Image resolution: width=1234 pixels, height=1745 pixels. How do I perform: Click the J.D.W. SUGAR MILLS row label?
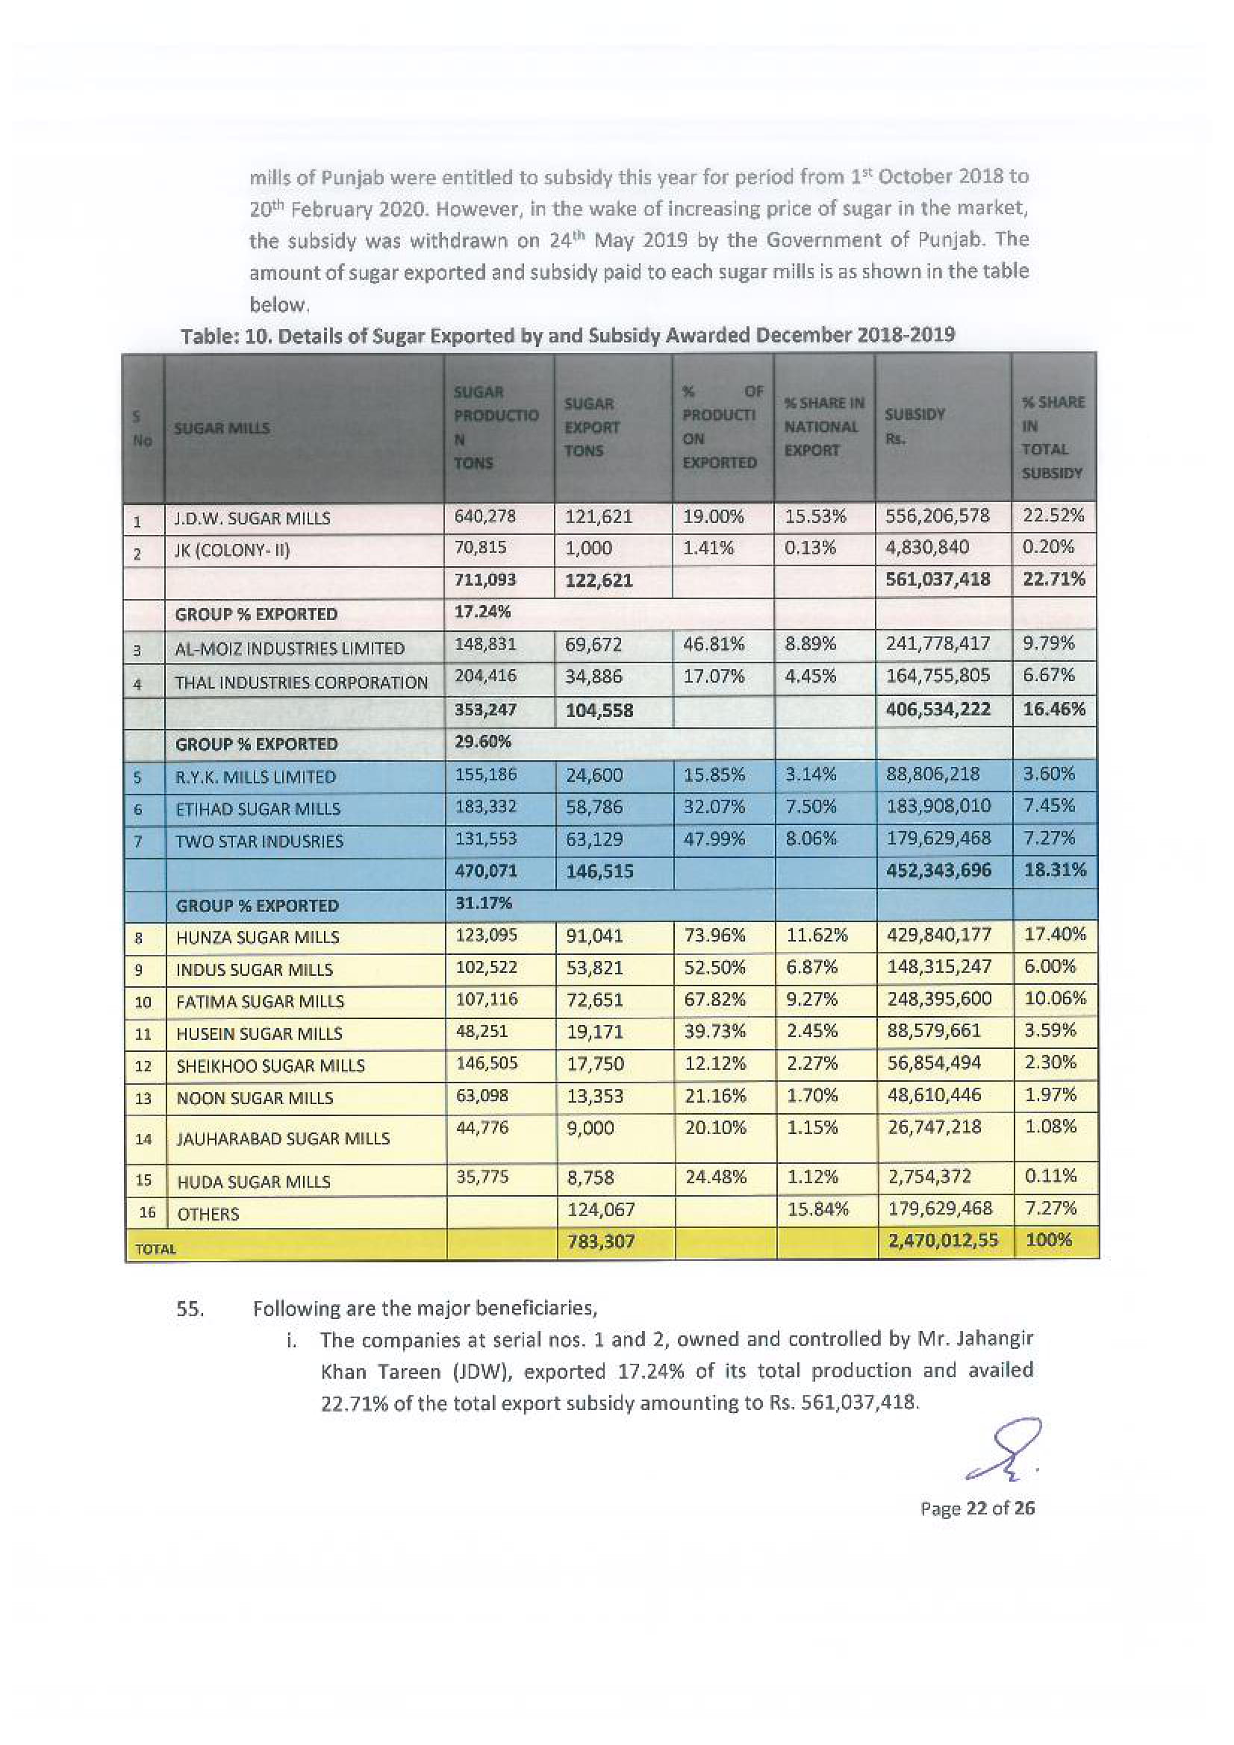[x=252, y=519]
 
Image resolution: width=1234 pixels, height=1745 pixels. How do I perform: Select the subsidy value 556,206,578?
[x=938, y=516]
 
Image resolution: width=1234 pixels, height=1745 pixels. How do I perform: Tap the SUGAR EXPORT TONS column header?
[x=591, y=427]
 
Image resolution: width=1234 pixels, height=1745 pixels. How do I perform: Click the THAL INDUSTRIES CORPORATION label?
[x=301, y=683]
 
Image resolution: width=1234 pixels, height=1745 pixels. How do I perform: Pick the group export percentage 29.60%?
[x=482, y=741]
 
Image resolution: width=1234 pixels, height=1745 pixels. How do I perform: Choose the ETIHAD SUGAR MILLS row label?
[x=258, y=809]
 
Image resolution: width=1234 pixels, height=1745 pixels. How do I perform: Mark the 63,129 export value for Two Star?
[x=593, y=839]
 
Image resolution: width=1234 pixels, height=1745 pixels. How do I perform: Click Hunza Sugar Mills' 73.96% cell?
[x=714, y=936]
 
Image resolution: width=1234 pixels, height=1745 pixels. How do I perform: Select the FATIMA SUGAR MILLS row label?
[x=260, y=1002]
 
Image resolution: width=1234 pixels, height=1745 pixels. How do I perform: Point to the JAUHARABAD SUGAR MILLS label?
[x=283, y=1138]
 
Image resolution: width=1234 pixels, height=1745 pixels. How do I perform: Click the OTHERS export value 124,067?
[x=601, y=1209]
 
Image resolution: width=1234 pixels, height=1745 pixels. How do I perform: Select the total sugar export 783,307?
[x=601, y=1242]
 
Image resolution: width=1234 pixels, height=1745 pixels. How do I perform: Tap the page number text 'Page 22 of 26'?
[x=977, y=1509]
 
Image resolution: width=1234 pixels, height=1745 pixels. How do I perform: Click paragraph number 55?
[x=190, y=1309]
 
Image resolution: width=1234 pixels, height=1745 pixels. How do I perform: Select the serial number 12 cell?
[x=143, y=1066]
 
